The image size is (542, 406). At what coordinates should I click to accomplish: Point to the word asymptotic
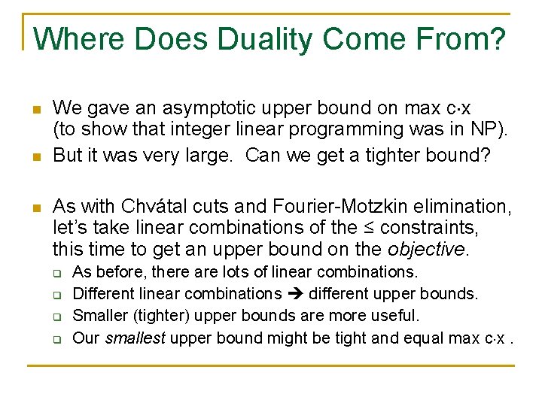[193, 109]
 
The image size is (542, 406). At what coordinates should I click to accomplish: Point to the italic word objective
[424, 248]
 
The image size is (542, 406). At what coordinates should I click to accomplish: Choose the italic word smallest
[135, 338]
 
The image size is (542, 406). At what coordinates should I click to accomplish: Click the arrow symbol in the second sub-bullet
[295, 293]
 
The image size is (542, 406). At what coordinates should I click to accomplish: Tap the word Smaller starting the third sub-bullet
[101, 315]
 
